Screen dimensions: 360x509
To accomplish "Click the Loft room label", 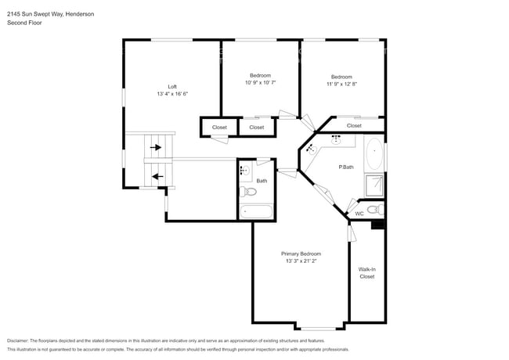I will [x=172, y=86].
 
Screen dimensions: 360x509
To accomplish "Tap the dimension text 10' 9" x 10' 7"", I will [x=260, y=82].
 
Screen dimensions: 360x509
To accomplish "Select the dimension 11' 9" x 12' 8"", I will [x=341, y=84].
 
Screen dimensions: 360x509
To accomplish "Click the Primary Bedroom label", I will [x=301, y=254].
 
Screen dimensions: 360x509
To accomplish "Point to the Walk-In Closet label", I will [x=367, y=272].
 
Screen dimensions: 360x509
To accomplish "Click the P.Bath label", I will [x=348, y=167].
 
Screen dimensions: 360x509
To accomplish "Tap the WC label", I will [x=359, y=213].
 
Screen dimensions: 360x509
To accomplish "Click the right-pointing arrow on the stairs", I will [x=156, y=146].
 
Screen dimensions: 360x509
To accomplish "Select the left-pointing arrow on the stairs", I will [x=157, y=176].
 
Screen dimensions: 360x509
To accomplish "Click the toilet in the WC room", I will [x=375, y=209].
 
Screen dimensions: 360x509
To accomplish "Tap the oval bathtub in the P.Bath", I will [x=375, y=154].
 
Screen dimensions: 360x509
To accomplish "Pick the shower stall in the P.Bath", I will [x=374, y=185].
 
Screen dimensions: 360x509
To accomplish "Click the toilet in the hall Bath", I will [x=249, y=192].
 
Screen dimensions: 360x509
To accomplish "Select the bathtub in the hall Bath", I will [x=256, y=211].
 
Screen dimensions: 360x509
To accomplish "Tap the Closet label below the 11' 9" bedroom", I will [x=354, y=125].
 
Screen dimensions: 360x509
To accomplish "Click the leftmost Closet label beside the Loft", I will [x=219, y=127].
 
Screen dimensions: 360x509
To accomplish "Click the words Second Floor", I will [x=24, y=23].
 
